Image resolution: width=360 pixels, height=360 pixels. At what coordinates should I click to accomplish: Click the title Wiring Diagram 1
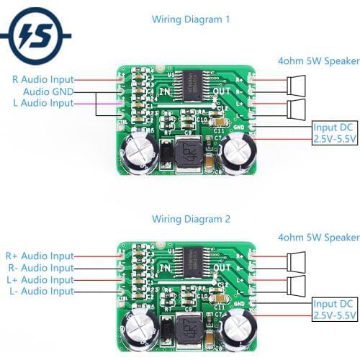pyautogui.click(x=191, y=19)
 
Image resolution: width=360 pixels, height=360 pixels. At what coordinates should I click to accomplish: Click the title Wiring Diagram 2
pyautogui.click(x=191, y=218)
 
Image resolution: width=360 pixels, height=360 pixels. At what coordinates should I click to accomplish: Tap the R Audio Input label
pyautogui.click(x=42, y=79)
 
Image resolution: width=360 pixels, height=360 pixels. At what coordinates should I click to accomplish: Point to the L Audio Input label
pyautogui.click(x=42, y=104)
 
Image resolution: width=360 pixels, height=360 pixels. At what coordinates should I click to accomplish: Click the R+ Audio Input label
pyautogui.click(x=39, y=256)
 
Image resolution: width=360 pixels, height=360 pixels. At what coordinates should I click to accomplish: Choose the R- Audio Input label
pyautogui.click(x=40, y=268)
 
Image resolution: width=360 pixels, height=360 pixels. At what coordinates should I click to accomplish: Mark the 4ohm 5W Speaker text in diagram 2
pyautogui.click(x=318, y=238)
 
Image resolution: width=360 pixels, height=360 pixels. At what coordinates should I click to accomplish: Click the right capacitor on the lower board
pyautogui.click(x=237, y=329)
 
